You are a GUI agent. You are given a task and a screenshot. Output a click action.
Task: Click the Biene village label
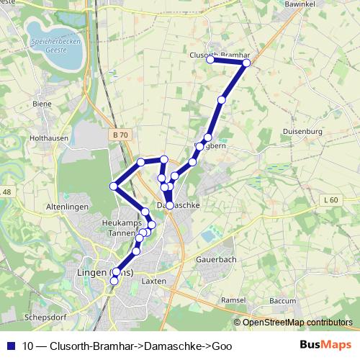(42, 104)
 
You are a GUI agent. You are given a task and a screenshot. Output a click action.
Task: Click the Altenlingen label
(67, 206)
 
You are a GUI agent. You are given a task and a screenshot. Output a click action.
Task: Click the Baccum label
(282, 300)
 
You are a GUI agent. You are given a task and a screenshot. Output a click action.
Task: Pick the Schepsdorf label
(44, 316)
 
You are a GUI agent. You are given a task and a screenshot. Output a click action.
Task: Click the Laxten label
(154, 281)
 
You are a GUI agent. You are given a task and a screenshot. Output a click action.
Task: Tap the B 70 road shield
(120, 135)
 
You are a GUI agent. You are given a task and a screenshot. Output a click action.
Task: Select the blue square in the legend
(11, 346)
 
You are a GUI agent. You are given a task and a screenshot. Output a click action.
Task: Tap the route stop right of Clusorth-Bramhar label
(246, 63)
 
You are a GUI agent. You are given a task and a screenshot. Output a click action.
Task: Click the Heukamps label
(120, 222)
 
